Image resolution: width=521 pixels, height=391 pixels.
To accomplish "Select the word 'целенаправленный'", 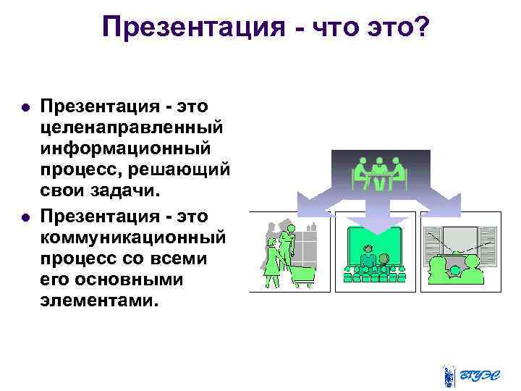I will coord(132,127).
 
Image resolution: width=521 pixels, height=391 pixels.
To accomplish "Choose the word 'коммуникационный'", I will coord(133,237).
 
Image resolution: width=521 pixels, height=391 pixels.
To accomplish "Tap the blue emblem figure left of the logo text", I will coord(449,375).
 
